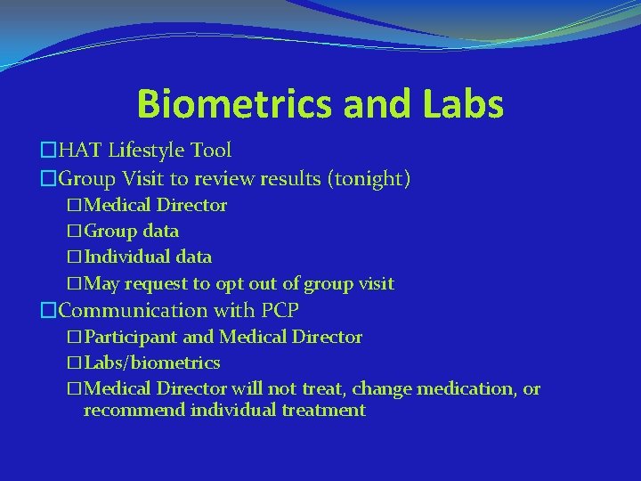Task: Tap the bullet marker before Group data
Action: [x=74, y=232]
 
